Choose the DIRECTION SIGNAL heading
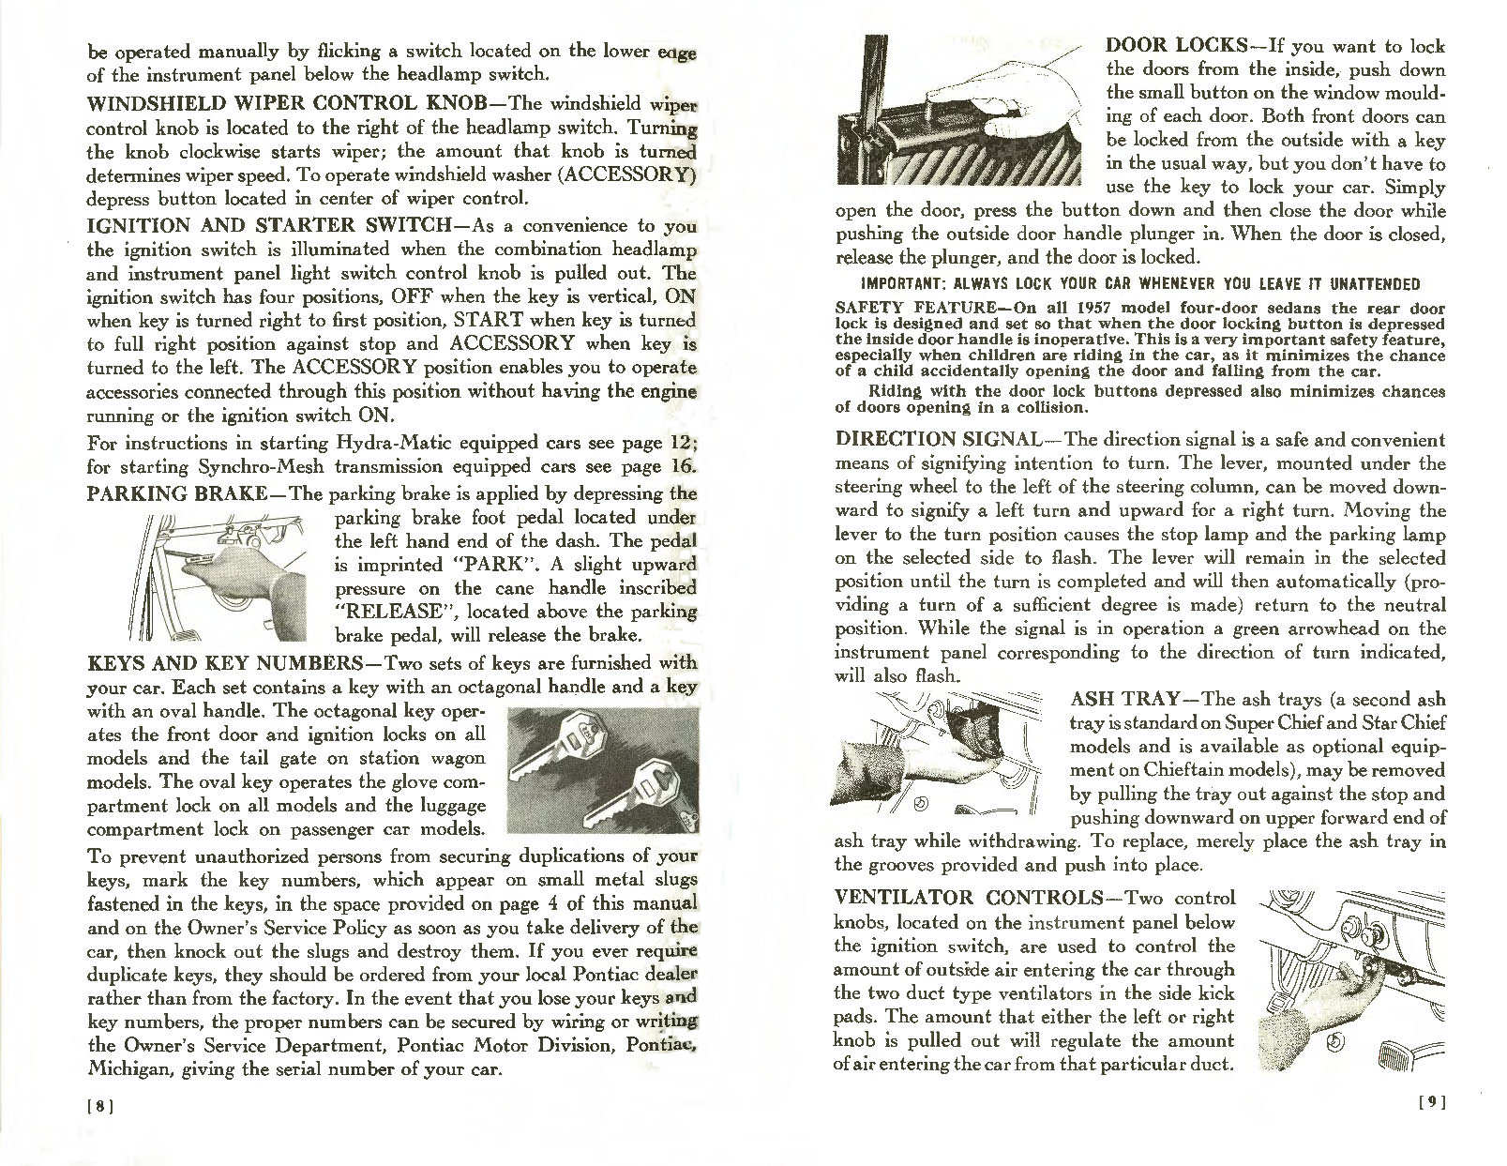coord(937,439)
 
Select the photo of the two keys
coord(601,770)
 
